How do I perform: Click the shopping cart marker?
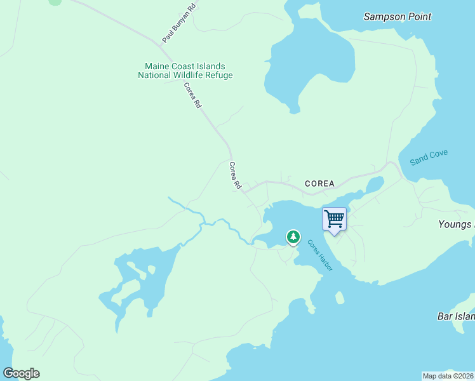pyautogui.click(x=334, y=220)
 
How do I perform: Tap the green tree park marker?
pyautogui.click(x=293, y=237)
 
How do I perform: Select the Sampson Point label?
pyautogui.click(x=397, y=17)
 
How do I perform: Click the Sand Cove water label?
pyautogui.click(x=429, y=157)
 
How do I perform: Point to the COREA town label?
pyautogui.click(x=319, y=184)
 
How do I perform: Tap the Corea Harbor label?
pyautogui.click(x=319, y=255)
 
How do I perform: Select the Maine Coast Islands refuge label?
pyautogui.click(x=185, y=70)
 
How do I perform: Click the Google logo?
pyautogui.click(x=21, y=373)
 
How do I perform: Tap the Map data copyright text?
pyautogui.click(x=448, y=375)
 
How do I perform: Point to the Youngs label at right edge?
pyautogui.click(x=456, y=224)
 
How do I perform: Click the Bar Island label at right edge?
pyautogui.click(x=456, y=316)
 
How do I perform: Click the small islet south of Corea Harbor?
pyautogui.click(x=340, y=297)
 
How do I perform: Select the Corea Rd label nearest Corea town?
pyautogui.click(x=235, y=175)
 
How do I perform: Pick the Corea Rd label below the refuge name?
pyautogui.click(x=192, y=95)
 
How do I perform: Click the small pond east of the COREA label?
pyautogui.click(x=374, y=185)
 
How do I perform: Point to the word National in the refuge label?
pyautogui.click(x=155, y=76)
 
